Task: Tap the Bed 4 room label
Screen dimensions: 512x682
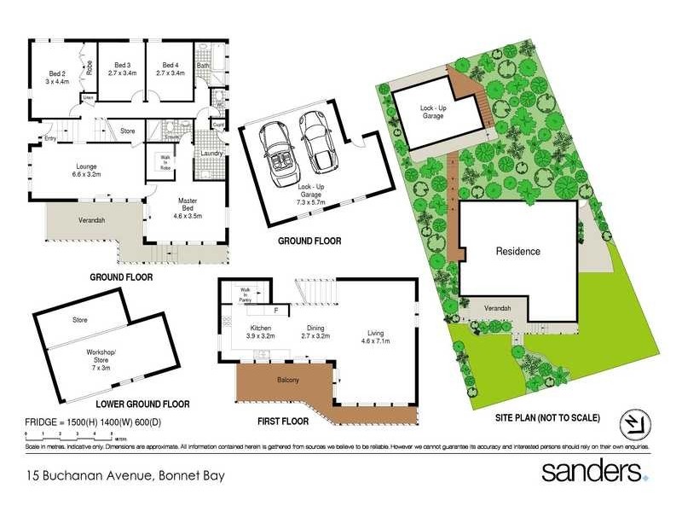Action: [170, 69]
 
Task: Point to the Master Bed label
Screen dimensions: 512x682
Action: [188, 206]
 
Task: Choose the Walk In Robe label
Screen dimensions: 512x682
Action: [165, 164]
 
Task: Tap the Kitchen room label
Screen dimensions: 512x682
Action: [259, 333]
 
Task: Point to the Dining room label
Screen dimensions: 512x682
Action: [315, 333]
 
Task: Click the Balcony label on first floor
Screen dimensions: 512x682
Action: [288, 381]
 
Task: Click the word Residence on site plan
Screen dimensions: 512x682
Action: [518, 252]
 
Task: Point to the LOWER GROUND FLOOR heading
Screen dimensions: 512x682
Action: [142, 404]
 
